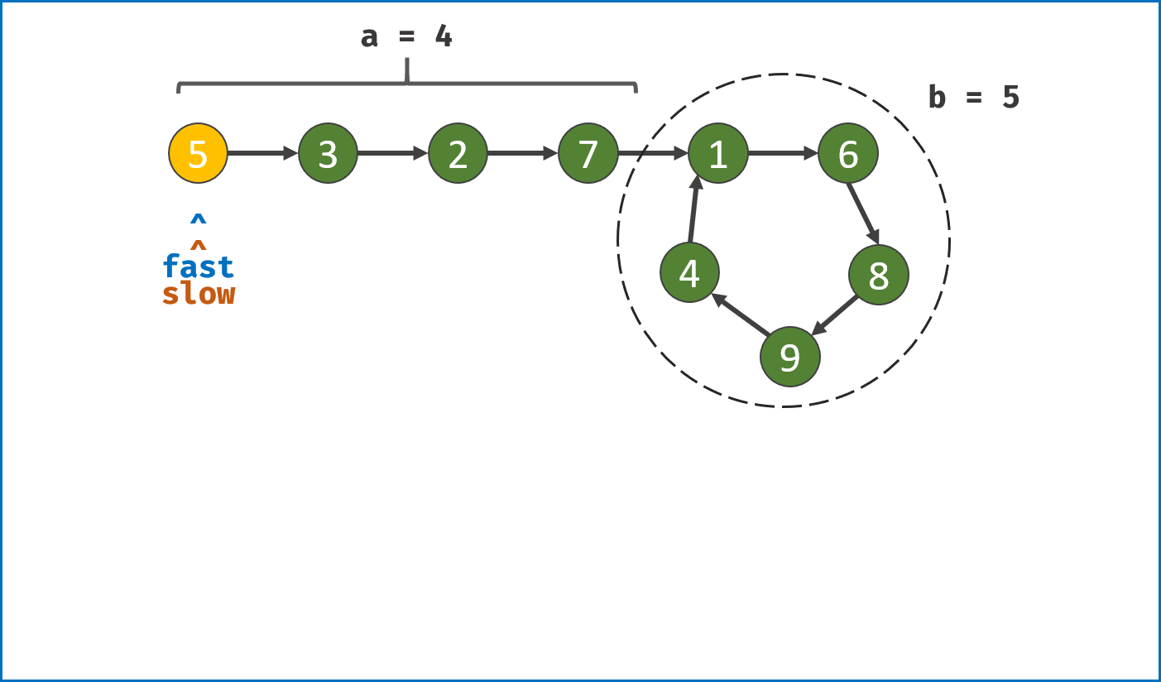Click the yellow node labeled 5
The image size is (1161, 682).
click(x=198, y=153)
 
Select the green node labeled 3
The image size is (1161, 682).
click(x=328, y=153)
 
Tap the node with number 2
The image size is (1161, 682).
click(x=458, y=153)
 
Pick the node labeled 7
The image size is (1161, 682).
click(x=588, y=153)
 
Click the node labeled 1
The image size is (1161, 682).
click(x=717, y=153)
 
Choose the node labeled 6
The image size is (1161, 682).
click(x=847, y=153)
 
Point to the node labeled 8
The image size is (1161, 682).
click(x=878, y=275)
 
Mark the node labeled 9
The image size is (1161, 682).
click(x=789, y=357)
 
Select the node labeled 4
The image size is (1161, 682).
click(x=689, y=272)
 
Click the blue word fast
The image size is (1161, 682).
click(x=199, y=267)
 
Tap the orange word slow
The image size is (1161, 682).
click(x=199, y=293)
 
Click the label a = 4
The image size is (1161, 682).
click(x=406, y=36)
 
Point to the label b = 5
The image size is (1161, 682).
click(x=973, y=98)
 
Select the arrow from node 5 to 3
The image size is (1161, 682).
click(x=262, y=153)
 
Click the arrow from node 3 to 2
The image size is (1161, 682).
click(x=392, y=153)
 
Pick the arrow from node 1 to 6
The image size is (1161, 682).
click(x=782, y=153)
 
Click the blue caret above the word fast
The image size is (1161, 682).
click(x=198, y=219)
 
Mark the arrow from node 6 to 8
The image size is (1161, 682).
click(x=863, y=214)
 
